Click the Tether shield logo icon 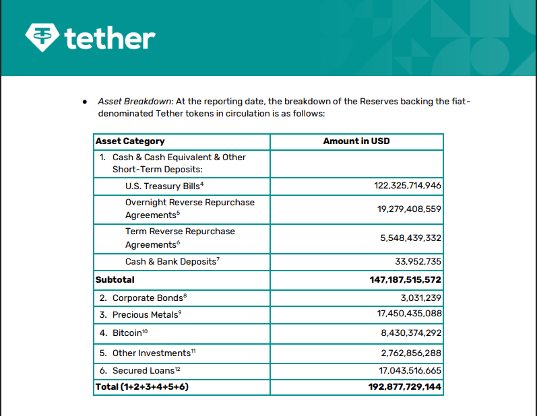tap(42, 37)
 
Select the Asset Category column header tap(130, 141)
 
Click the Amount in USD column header tap(356, 141)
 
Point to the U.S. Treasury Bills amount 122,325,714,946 tap(408, 186)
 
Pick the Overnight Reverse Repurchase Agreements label tap(189, 209)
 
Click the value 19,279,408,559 tap(409, 209)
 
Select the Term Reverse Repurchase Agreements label tap(180, 238)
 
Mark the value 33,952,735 tap(418, 261)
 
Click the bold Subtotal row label tap(115, 279)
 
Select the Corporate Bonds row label tap(148, 298)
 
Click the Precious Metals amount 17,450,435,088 tap(409, 314)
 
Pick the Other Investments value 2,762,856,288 tap(411, 353)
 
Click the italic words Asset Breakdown tap(135, 101)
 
